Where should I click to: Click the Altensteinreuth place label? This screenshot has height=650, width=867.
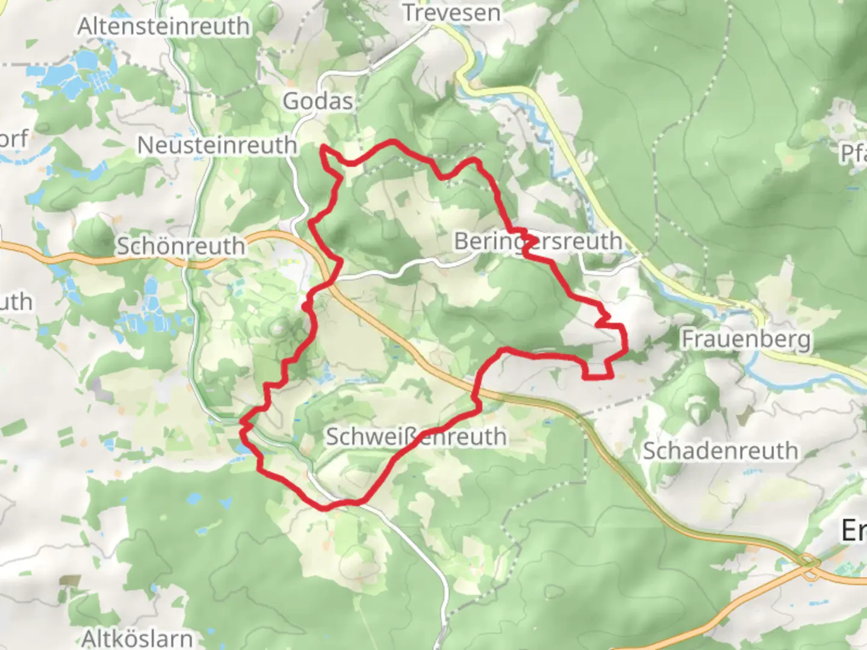coord(163,26)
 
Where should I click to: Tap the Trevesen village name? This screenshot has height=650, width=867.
coord(451,13)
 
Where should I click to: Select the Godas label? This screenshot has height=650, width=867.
coord(318,101)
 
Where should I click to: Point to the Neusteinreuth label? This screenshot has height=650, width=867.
coord(217,145)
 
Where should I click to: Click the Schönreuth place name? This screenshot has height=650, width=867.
coord(181,246)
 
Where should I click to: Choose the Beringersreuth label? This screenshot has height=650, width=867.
coord(538,241)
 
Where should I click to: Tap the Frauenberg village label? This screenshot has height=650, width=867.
coord(745,339)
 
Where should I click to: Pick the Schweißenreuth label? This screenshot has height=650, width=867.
coord(416,437)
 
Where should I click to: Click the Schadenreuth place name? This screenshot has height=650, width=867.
coord(720,451)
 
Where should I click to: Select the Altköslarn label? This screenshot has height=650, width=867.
coord(137,638)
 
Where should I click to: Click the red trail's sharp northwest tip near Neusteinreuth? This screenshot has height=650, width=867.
coord(324,146)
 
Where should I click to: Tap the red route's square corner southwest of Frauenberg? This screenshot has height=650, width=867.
coord(585,377)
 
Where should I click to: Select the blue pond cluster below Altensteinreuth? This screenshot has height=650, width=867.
coord(84,75)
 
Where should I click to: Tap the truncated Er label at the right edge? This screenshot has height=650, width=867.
coord(854,530)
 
